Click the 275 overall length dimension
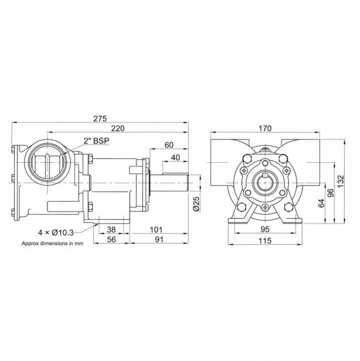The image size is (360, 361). (100, 118)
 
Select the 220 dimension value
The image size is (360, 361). (118, 128)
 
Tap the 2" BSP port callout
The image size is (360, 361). (96, 141)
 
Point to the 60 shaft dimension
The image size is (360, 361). (169, 145)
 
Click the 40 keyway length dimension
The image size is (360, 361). (176, 158)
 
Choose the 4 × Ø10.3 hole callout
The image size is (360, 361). (56, 233)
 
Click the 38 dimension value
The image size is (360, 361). (112, 230)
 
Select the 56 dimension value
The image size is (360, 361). (112, 240)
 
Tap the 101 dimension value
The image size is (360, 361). (156, 230)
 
